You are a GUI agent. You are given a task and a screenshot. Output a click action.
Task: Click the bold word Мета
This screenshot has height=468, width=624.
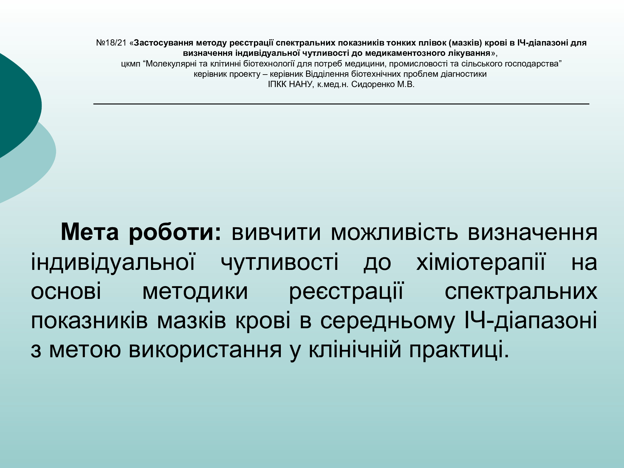click(90, 232)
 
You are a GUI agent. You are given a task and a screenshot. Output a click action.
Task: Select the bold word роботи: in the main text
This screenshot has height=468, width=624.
click(175, 233)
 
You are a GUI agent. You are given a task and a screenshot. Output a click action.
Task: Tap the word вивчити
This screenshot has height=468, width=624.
click(276, 232)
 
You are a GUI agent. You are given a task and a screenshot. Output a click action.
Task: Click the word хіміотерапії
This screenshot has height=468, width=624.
click(481, 262)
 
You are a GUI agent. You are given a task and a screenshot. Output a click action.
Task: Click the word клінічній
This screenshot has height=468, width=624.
click(355, 349)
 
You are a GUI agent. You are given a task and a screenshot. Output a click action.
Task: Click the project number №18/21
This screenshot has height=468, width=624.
click(111, 43)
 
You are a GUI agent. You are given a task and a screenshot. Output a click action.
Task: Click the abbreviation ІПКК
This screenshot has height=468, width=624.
click(277, 84)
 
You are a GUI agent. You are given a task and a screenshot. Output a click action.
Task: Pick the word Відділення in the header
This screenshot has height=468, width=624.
click(327, 74)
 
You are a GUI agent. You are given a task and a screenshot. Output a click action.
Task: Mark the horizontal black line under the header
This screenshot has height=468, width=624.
click(341, 104)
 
